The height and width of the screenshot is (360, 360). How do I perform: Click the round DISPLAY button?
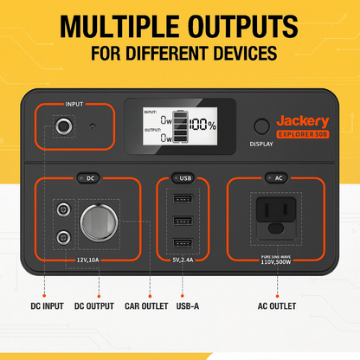tap(261, 126)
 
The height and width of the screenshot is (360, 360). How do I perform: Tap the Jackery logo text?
tap(303, 121)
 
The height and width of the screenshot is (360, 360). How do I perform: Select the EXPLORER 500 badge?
tap(303, 134)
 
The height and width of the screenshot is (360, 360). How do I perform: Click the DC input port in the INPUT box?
tap(64, 126)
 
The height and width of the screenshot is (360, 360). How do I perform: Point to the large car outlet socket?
tap(99, 222)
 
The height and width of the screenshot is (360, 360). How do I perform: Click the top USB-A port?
tap(183, 199)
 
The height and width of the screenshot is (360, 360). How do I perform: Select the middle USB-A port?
tap(183, 221)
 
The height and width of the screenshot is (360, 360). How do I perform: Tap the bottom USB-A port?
tap(183, 243)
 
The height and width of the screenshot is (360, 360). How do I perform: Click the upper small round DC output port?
tap(63, 209)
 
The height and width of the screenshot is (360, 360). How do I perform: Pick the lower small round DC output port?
tap(63, 238)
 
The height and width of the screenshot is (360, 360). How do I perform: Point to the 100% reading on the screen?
tap(202, 125)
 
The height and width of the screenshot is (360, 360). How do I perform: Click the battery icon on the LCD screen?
tap(180, 126)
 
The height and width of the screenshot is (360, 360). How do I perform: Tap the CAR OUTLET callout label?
tap(146, 306)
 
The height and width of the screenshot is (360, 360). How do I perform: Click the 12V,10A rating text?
tap(88, 260)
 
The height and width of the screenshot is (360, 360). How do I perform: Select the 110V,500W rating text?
tap(276, 262)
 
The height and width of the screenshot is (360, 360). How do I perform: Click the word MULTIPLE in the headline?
tap(119, 26)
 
